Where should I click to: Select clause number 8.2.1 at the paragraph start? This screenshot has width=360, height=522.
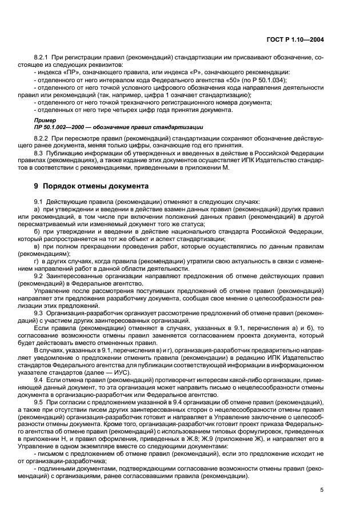(42, 57)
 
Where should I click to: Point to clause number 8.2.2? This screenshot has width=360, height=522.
(42, 139)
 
